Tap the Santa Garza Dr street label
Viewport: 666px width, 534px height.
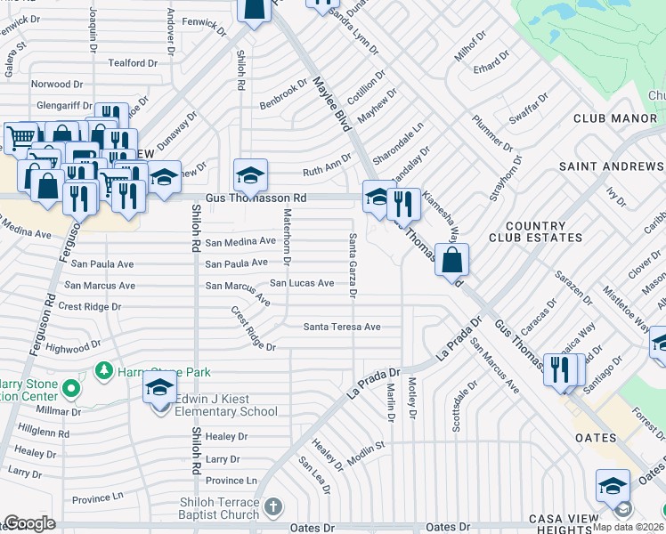[x=353, y=264]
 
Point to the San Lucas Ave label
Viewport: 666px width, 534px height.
[x=302, y=283]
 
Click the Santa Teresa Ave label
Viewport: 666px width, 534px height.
[x=342, y=327]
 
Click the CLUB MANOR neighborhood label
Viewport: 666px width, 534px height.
[x=614, y=118]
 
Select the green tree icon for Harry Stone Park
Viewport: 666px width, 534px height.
[x=104, y=369]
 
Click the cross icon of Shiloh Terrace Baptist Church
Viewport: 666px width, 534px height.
[x=273, y=506]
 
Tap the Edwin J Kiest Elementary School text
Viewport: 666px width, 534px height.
[x=226, y=406]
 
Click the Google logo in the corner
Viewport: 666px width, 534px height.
[x=28, y=523]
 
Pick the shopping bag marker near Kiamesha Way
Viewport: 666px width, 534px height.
[x=452, y=260]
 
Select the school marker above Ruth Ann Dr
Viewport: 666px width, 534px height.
[x=251, y=174]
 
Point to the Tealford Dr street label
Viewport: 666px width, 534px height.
[x=132, y=63]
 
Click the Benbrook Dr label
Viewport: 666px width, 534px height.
[x=283, y=94]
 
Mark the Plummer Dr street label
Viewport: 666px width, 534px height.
[x=492, y=133]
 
